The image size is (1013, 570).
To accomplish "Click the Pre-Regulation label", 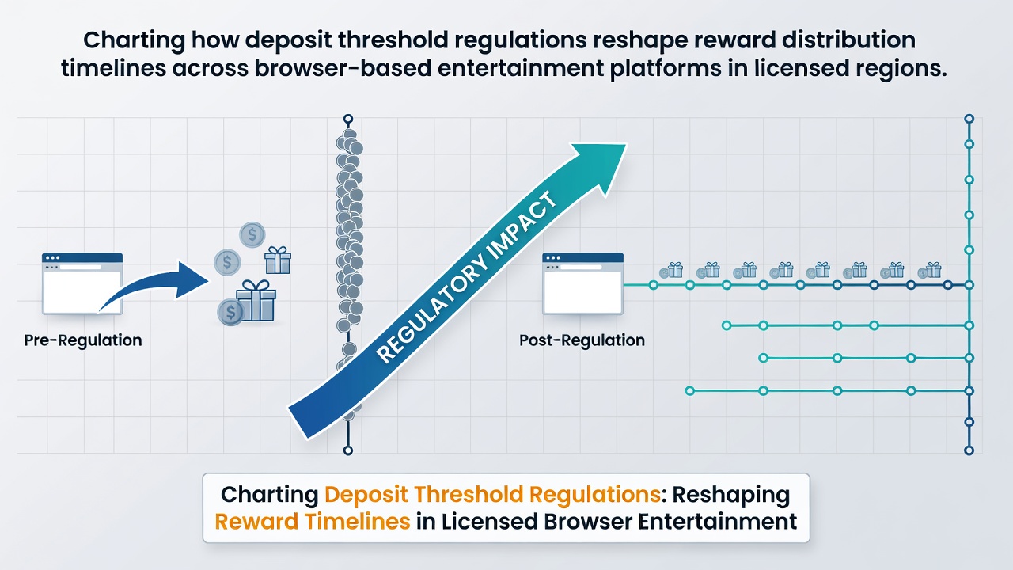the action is (x=83, y=340).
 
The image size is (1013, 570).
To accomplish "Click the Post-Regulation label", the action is (x=582, y=340).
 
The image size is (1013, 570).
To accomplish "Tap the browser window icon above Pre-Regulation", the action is (x=82, y=283).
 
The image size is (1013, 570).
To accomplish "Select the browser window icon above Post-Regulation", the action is (x=583, y=283).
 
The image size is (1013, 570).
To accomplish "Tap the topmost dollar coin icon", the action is (x=252, y=234).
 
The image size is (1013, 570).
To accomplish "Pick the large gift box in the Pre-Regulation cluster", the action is (x=256, y=301).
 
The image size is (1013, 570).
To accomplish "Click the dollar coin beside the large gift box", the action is (x=230, y=312).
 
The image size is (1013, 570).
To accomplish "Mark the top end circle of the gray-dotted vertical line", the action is (x=347, y=120).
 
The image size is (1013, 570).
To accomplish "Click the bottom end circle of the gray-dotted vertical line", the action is (x=347, y=450).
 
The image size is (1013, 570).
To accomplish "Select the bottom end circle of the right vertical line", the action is (x=969, y=450).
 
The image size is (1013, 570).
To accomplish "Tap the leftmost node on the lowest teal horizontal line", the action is (x=689, y=391).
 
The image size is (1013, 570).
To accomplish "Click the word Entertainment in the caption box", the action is (x=717, y=521).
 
